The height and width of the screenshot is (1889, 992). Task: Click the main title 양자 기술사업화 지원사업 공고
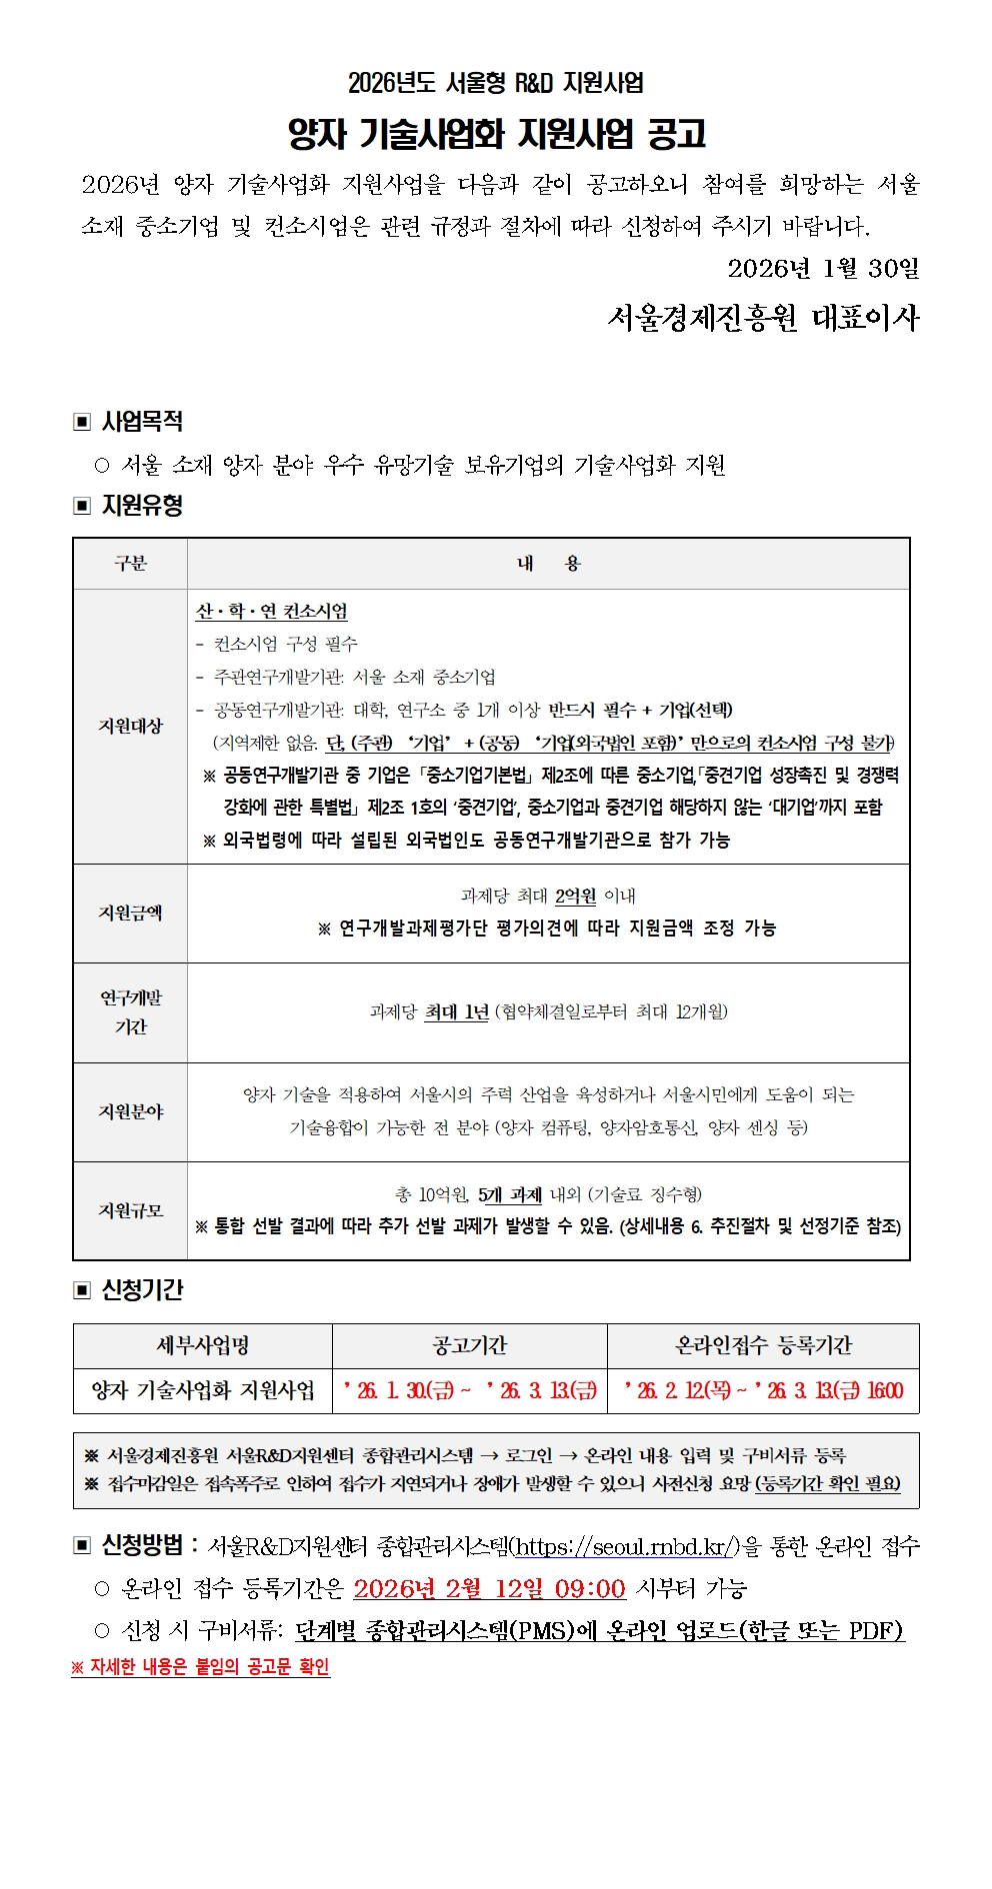click(x=496, y=133)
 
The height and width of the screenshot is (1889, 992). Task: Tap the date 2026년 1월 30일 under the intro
click(x=823, y=268)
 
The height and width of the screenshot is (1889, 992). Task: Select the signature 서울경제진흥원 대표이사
click(x=763, y=318)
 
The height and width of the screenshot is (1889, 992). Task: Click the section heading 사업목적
click(x=142, y=421)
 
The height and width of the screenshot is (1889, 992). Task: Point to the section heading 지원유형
click(x=142, y=506)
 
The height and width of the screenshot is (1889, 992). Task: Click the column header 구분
click(x=130, y=564)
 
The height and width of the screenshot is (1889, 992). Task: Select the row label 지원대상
click(x=130, y=726)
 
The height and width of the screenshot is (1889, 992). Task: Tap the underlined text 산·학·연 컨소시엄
click(x=272, y=612)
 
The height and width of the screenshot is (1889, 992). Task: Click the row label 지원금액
click(x=130, y=913)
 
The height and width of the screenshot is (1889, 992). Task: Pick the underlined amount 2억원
click(x=576, y=897)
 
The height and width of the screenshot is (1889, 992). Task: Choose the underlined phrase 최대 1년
click(x=457, y=1012)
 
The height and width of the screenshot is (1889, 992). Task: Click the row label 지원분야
click(x=130, y=1111)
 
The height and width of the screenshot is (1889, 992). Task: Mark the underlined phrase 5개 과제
click(x=510, y=1194)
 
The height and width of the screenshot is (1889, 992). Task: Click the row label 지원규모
click(x=130, y=1210)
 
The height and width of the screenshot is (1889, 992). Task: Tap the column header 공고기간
click(x=469, y=1345)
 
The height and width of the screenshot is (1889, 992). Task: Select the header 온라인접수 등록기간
click(x=763, y=1345)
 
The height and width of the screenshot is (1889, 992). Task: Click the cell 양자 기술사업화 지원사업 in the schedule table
click(x=203, y=1390)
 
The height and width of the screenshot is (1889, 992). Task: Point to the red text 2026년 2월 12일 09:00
click(x=489, y=1588)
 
